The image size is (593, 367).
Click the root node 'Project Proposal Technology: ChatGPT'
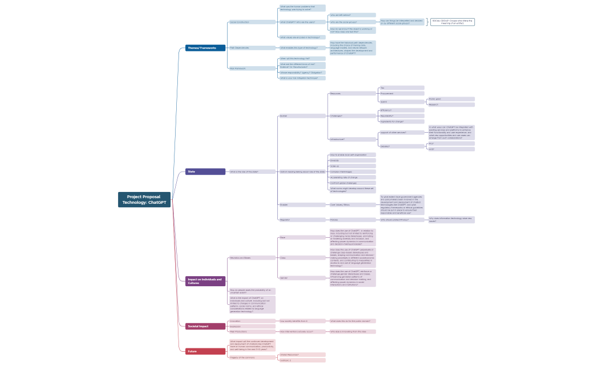coord(145,199)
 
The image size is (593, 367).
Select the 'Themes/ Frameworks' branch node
coord(205,48)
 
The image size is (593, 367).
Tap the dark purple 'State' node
coord(205,172)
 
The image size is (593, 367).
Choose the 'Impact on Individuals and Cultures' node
coord(205,281)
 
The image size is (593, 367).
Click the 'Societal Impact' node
coord(205,326)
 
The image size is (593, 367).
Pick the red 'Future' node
coord(205,351)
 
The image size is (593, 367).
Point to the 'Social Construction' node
coord(252,22)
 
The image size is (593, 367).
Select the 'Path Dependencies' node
coord(252,48)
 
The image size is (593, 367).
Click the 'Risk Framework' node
coord(252,68)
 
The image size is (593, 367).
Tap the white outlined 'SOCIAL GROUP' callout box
coord(452,22)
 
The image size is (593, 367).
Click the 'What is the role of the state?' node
coord(252,172)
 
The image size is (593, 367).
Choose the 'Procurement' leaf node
coord(401,94)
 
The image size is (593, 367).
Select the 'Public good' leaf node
coord(451,99)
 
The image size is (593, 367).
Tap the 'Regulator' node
coord(302,220)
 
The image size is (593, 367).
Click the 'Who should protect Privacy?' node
coord(401,220)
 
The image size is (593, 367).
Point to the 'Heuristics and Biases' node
coord(252,257)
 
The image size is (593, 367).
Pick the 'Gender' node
coord(302,278)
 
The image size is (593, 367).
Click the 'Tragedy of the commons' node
coord(252,357)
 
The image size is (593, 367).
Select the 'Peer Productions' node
coord(252,331)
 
